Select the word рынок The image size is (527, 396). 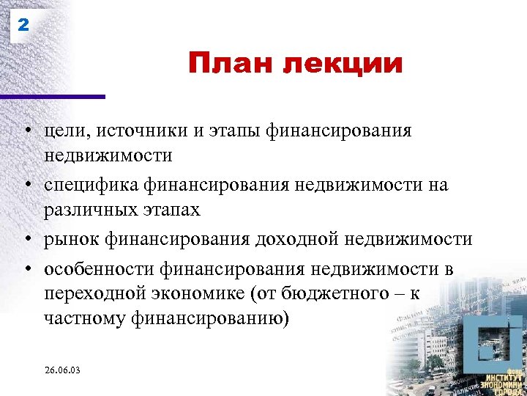[x=71, y=240]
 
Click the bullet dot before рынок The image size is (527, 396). [x=25, y=239]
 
